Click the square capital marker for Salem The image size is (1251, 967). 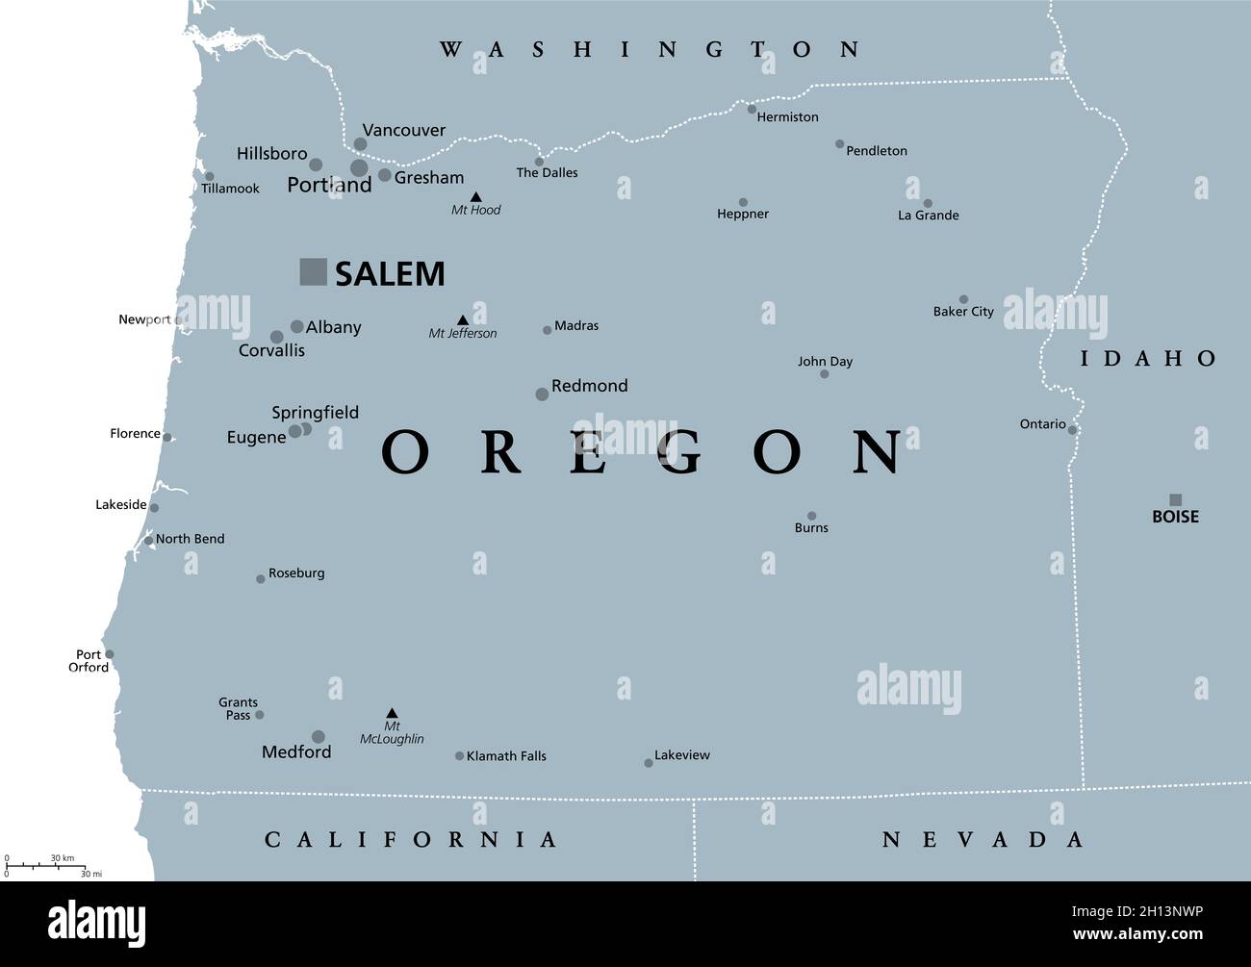point(314,272)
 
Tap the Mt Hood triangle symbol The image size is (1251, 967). point(475,197)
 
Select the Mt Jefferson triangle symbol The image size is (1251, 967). point(463,320)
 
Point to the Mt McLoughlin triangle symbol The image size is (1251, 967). point(392,713)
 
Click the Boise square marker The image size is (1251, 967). point(1175,499)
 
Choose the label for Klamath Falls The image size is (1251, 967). point(506,756)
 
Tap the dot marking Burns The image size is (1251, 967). point(811,516)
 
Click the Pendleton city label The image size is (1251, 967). point(876,151)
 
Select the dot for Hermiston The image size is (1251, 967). point(752,109)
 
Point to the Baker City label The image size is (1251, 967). point(963,312)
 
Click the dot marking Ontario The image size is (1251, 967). point(1072,430)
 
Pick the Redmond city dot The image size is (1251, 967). point(542,394)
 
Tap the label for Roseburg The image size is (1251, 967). point(296,573)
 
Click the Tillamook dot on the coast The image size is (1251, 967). point(210,176)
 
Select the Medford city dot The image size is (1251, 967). point(318,737)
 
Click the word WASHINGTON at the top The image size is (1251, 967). point(650,50)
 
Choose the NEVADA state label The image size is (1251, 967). point(983,840)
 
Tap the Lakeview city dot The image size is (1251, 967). point(649,763)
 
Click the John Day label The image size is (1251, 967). point(825,362)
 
